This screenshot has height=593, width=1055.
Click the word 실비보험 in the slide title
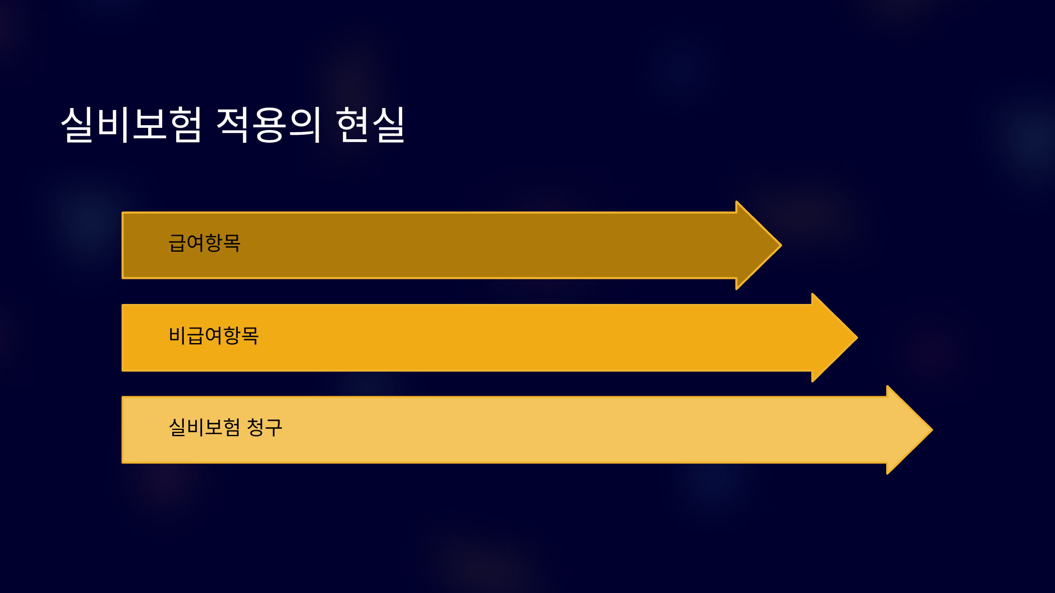(131, 125)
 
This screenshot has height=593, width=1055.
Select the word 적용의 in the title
(269, 125)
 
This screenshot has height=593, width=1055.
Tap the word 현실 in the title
(370, 125)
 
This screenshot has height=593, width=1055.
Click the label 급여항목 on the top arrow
(204, 243)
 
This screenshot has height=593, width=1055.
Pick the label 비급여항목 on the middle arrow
(214, 336)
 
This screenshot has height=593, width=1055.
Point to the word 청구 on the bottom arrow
(264, 427)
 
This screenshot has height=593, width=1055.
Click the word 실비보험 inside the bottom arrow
(204, 427)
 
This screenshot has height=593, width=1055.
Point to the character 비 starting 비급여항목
(177, 336)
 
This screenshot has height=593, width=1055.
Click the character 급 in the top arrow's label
(177, 243)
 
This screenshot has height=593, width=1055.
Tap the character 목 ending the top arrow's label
(232, 243)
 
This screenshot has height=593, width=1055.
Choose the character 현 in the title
(352, 125)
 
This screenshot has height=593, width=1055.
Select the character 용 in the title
(269, 125)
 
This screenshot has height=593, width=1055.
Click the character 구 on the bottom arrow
(273, 427)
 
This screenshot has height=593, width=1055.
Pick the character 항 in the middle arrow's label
(232, 336)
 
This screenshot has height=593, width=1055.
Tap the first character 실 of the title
(77, 125)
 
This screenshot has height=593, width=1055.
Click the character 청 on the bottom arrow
(255, 427)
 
